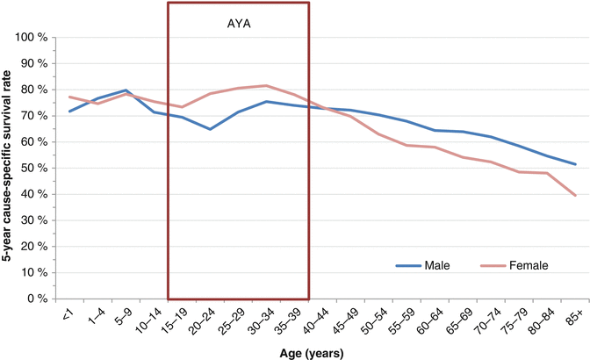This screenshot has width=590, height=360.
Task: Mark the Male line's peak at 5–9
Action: [127, 90]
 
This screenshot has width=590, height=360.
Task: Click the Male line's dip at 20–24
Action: [209, 129]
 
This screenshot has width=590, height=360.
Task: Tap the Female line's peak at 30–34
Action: [266, 86]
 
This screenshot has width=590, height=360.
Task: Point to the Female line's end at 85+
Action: [575, 196]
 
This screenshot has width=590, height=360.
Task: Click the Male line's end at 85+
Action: [575, 164]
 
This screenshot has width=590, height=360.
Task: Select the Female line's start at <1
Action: [69, 97]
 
